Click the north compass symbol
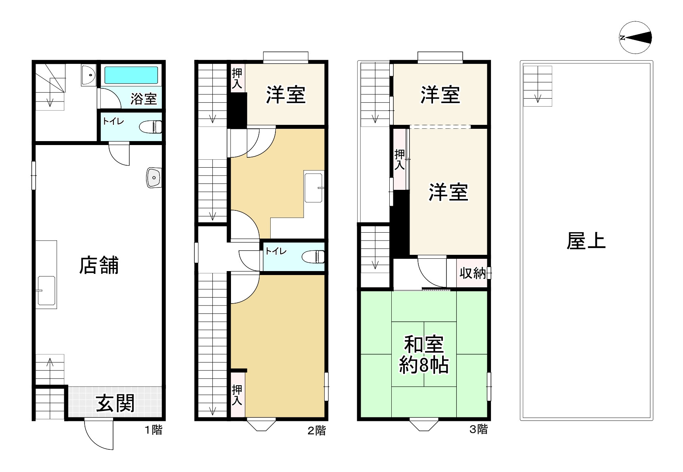[x=635, y=38]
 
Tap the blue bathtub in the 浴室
[x=131, y=75]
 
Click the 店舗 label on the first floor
[x=99, y=266]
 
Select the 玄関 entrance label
[x=115, y=403]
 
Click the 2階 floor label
[x=316, y=430]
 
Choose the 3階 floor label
[x=478, y=429]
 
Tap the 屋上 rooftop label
[x=586, y=241]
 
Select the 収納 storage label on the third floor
[x=472, y=273]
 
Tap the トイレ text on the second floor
[x=275, y=251]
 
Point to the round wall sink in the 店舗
[x=154, y=177]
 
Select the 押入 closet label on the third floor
[x=400, y=159]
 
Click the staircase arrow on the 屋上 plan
[x=538, y=97]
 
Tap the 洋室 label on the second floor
[x=286, y=95]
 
